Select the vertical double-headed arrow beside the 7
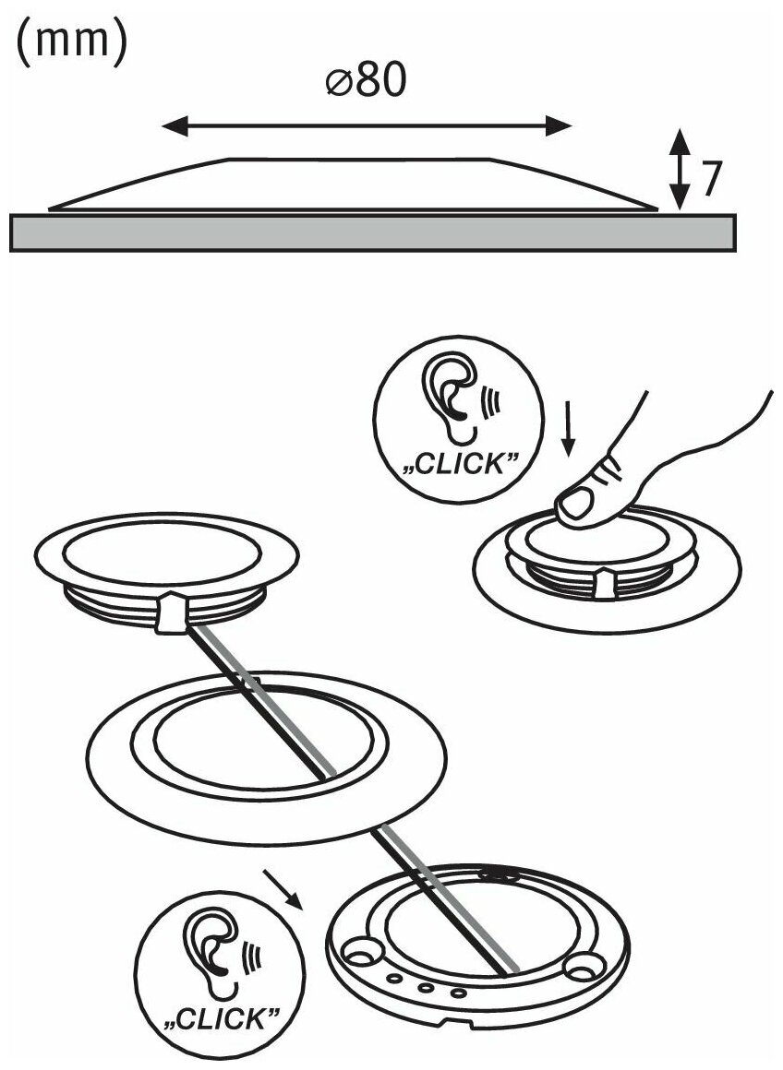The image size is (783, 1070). click(x=680, y=170)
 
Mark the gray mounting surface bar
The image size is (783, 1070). click(x=374, y=232)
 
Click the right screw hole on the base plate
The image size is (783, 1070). click(x=582, y=966)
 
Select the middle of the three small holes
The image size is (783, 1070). click(x=427, y=987)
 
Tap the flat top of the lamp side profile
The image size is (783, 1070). click(x=360, y=160)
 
